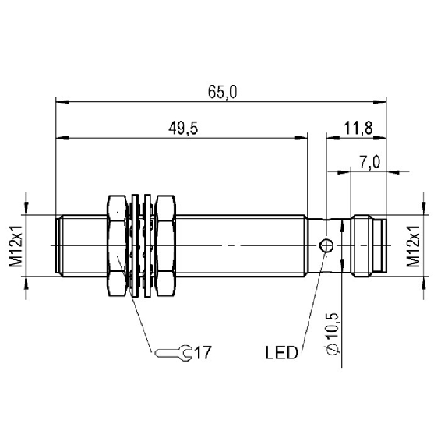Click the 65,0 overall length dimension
tap(222, 92)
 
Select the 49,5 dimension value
tap(183, 129)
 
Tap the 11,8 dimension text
tap(358, 129)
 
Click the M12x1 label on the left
tap(16, 245)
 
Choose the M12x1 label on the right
tap(414, 245)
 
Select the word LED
tap(281, 353)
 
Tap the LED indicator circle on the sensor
tap(326, 245)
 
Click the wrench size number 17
tap(203, 353)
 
